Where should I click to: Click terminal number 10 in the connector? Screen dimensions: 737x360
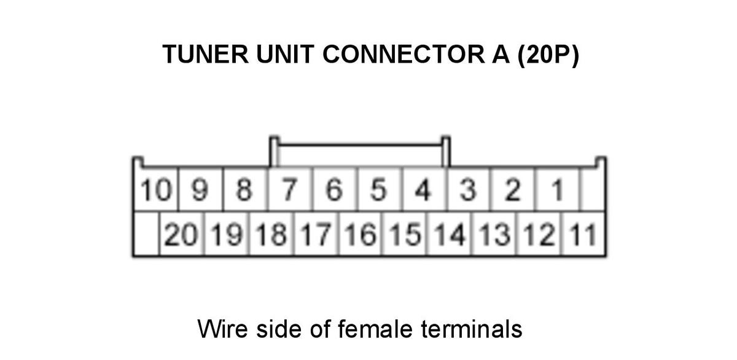coord(156,189)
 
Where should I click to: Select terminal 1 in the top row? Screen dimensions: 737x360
coord(556,189)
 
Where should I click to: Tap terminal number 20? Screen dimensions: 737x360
coord(181,234)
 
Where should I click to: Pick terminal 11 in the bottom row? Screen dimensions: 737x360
coord(583,234)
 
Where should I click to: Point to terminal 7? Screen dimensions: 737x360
coord(289,189)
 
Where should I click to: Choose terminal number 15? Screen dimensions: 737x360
coord(405,234)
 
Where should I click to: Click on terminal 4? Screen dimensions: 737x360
coord(423,189)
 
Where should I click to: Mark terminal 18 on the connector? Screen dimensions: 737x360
coord(271,234)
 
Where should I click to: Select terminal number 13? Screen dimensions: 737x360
coord(494,234)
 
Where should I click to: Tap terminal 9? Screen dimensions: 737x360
coord(200,189)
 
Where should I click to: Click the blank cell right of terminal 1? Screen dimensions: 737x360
coord(593,189)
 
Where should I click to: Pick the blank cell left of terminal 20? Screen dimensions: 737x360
coord(146,234)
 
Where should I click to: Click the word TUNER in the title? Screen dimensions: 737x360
coord(205,54)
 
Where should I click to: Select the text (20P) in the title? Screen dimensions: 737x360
coord(548,55)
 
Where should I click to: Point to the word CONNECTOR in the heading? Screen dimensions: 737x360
coord(404,54)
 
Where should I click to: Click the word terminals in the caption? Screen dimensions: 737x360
coord(472,329)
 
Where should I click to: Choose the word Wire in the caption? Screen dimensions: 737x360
coord(223,329)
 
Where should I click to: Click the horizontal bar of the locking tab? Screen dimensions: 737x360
coord(360,144)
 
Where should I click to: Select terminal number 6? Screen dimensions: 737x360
coord(334,189)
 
